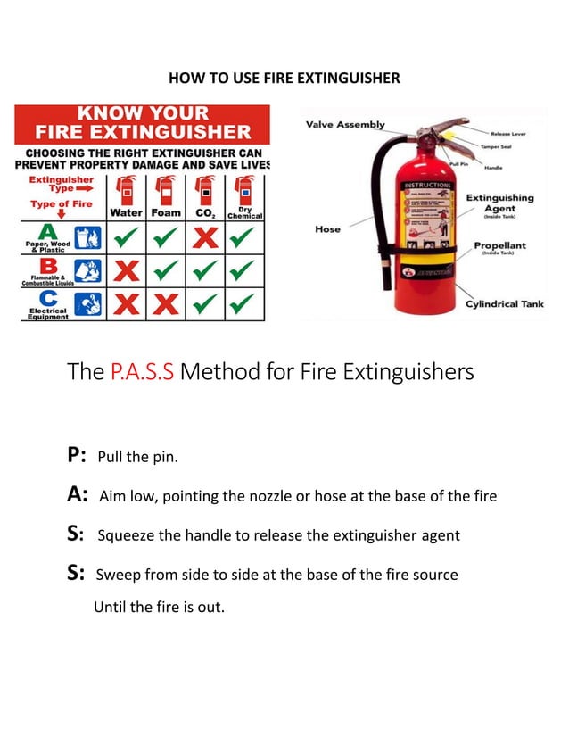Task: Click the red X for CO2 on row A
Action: pos(205,237)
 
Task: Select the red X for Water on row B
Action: pos(127,270)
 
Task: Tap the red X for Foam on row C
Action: pos(165,304)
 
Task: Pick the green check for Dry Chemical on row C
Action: pos(243,304)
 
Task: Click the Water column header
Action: pos(127,213)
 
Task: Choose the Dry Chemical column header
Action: pos(244,212)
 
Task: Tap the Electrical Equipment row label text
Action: pos(46,313)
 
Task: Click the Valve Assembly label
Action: pos(345,125)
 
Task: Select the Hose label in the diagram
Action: pos(327,229)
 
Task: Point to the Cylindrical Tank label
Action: pos(504,304)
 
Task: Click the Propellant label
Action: pos(499,245)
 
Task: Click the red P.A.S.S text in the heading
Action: pos(142,371)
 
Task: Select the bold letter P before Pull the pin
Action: pos(76,455)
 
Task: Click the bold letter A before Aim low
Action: pos(77,495)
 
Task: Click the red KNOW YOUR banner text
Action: pos(141,114)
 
